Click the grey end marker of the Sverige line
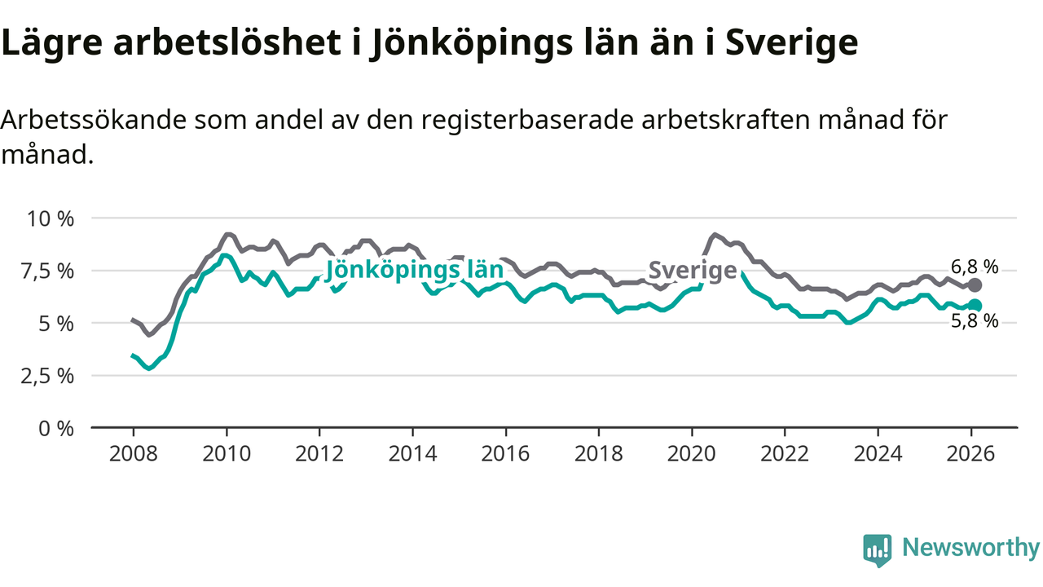(x=975, y=285)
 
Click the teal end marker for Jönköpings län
(x=975, y=306)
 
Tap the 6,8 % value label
(x=975, y=267)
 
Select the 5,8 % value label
(x=975, y=321)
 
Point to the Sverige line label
(x=693, y=271)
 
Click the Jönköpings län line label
(x=414, y=271)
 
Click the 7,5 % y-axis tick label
(x=52, y=271)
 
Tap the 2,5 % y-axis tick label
(x=52, y=376)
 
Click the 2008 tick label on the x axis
(x=133, y=452)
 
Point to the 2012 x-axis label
(x=319, y=452)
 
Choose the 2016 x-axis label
(x=505, y=452)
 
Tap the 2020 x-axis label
(x=692, y=452)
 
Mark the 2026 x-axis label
(x=971, y=452)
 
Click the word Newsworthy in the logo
(x=970, y=548)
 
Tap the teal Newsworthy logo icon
(x=878, y=550)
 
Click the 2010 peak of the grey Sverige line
(x=227, y=234)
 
